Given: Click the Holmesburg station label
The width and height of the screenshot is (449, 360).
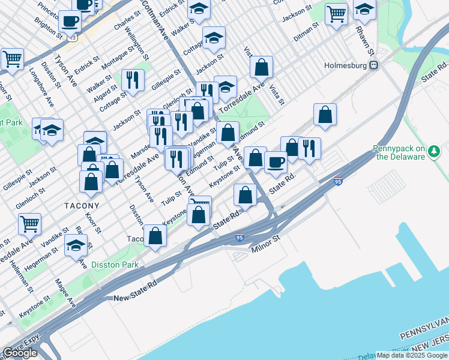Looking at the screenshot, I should point(345,65).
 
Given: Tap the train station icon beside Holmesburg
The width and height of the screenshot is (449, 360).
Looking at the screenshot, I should point(373,65).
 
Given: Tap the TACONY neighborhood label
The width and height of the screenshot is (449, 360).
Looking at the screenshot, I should point(82,205).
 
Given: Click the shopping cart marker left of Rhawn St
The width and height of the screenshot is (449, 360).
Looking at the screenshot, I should point(337,13).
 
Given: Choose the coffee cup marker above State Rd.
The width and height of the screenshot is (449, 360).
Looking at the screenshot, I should point(276,161).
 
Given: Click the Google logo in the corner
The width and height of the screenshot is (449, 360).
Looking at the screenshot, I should point(20,353).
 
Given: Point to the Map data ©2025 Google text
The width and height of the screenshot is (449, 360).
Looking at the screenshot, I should point(412,355).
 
